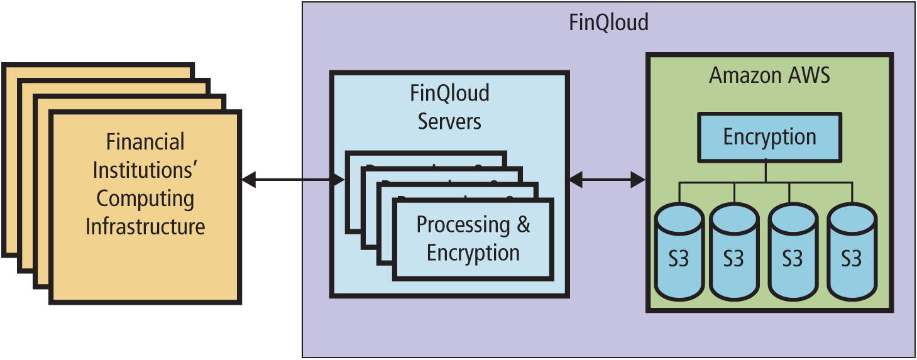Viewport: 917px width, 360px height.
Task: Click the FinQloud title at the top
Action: [608, 23]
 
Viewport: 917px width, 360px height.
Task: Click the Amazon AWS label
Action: [769, 76]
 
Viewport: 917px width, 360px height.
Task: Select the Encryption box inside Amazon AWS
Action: [769, 136]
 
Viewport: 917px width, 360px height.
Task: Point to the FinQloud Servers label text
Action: [449, 107]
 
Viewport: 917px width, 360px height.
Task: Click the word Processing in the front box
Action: [463, 224]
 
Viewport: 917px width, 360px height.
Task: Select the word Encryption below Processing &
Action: [473, 253]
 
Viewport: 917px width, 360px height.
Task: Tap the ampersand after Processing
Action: [524, 224]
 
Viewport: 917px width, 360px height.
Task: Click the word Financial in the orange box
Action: [145, 142]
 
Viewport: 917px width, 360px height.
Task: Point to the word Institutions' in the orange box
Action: [145, 170]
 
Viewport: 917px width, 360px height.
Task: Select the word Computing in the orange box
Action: [145, 199]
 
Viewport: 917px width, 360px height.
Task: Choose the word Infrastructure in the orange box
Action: [145, 226]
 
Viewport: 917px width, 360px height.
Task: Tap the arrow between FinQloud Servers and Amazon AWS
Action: [607, 180]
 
